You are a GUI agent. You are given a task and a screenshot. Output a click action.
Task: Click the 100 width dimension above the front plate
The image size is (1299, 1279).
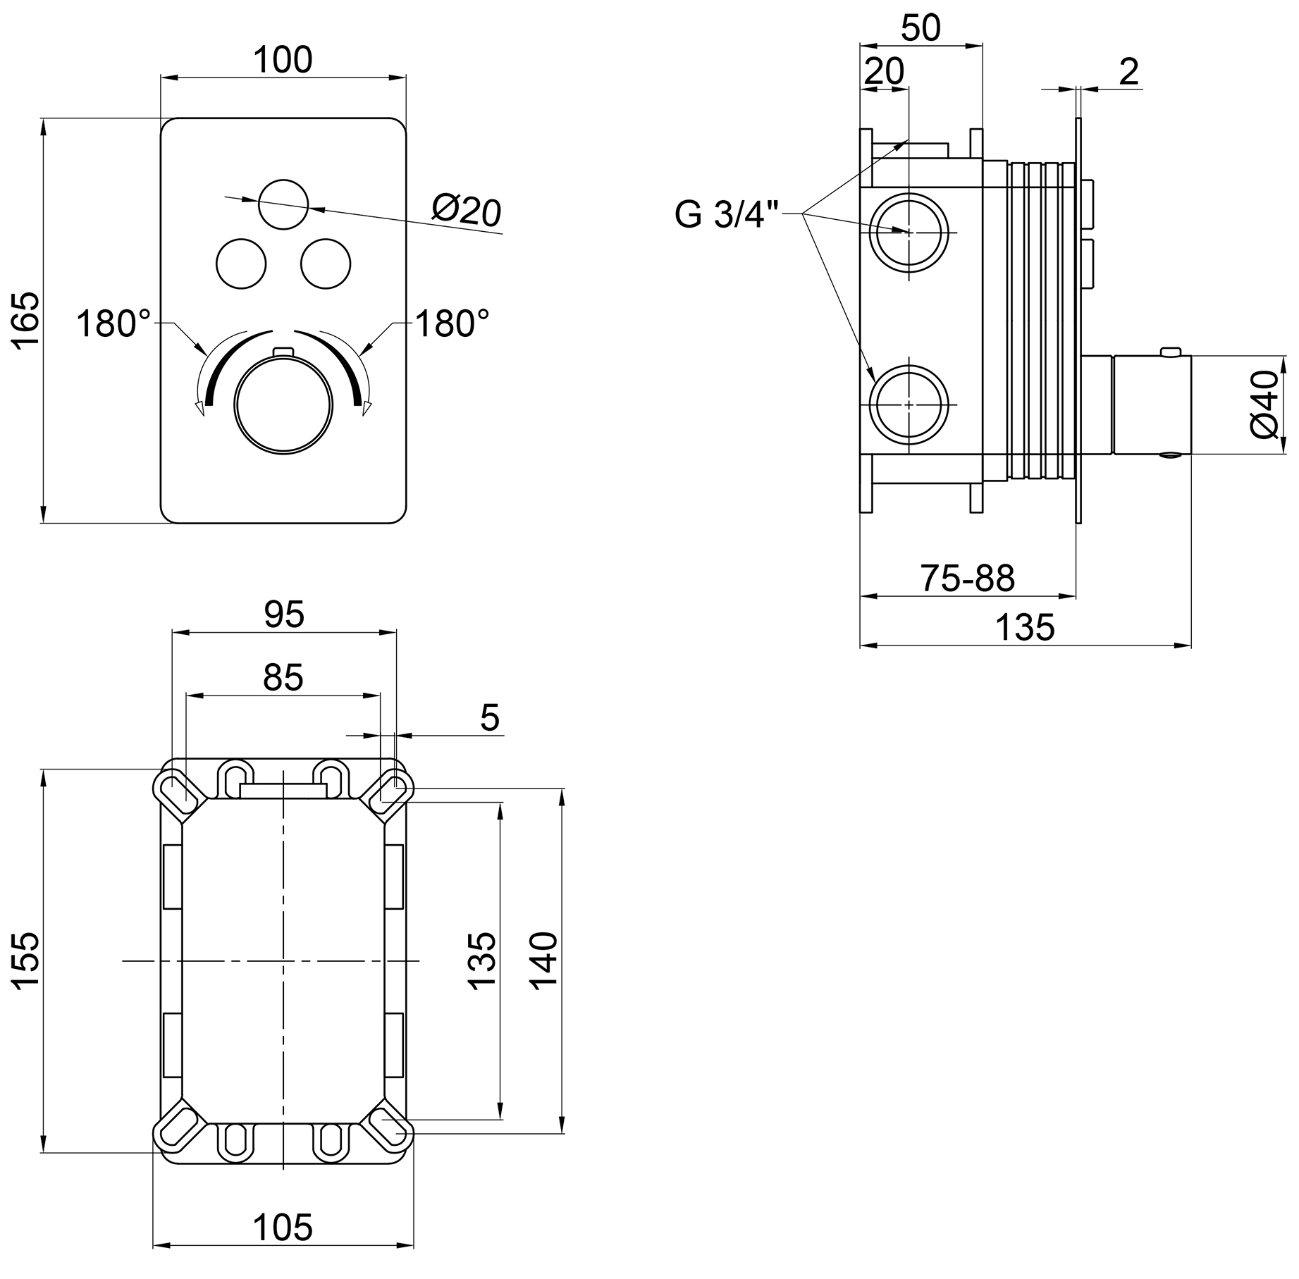pyautogui.click(x=283, y=60)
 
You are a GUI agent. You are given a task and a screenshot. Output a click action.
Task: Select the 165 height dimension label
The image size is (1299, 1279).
pyautogui.click(x=26, y=320)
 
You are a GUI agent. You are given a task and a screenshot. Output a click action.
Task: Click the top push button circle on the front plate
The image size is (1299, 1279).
pyautogui.click(x=283, y=204)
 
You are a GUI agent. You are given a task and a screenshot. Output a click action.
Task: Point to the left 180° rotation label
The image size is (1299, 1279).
pyautogui.click(x=113, y=324)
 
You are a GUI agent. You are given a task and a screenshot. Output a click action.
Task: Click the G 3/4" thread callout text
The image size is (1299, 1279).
pyautogui.click(x=727, y=214)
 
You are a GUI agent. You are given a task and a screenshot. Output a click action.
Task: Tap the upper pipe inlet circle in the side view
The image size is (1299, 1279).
pyautogui.click(x=909, y=231)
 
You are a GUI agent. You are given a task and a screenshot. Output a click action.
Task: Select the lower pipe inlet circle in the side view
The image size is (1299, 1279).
pyautogui.click(x=909, y=404)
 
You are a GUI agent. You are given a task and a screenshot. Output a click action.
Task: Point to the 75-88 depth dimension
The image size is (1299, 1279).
pyautogui.click(x=967, y=579)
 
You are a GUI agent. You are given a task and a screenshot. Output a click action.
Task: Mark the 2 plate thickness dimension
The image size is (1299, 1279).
pyautogui.click(x=1128, y=72)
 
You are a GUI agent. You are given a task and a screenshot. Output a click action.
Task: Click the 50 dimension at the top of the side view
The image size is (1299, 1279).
pyautogui.click(x=921, y=28)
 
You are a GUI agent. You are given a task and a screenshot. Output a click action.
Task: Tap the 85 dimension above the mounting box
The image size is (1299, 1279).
pyautogui.click(x=283, y=677)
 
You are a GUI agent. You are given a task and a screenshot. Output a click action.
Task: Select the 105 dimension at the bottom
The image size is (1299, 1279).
pyautogui.click(x=283, y=1228)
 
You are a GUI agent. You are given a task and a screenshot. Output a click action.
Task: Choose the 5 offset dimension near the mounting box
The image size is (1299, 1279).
pyautogui.click(x=489, y=718)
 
